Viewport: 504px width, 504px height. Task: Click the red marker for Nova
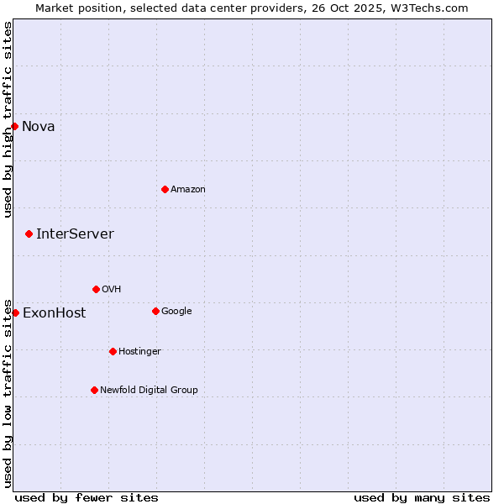point(15,126)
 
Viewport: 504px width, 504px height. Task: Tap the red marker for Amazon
point(165,189)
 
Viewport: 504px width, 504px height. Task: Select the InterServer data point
point(29,234)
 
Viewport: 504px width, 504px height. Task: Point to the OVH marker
point(96,289)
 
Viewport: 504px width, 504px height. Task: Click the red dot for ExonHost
point(15,312)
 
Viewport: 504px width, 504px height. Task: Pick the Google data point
point(155,311)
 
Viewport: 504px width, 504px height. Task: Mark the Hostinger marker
point(113,351)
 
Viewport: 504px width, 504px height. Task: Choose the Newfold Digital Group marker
point(94,390)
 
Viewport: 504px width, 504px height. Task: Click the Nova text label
point(39,127)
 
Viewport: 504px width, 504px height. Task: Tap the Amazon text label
point(188,190)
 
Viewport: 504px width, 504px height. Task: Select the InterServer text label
point(75,234)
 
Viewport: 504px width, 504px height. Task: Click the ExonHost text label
point(54,313)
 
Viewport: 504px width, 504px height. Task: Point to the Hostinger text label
point(139,351)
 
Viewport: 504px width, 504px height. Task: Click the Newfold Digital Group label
point(149,390)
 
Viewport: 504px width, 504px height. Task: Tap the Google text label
point(176,312)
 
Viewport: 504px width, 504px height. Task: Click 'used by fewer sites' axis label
point(87,497)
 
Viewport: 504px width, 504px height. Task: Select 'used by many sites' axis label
point(422,497)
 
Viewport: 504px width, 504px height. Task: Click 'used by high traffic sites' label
point(8,119)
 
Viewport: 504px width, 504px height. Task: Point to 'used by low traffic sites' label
point(8,392)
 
